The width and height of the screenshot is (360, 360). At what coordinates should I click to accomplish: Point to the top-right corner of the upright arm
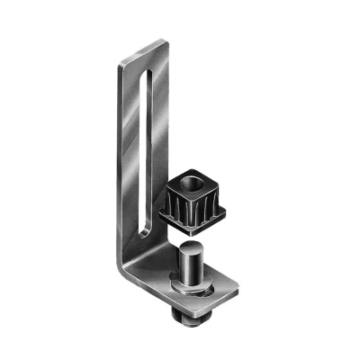pos(166,40)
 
